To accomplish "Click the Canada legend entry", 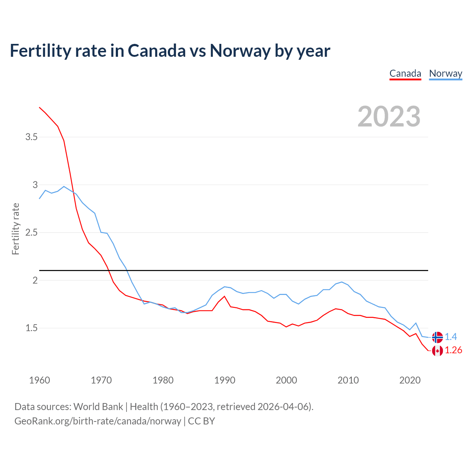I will click(405, 73).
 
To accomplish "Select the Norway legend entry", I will click(445, 73).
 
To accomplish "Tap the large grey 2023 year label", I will click(389, 117).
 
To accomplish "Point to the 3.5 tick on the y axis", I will click(31, 137).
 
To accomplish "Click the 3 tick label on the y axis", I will click(35, 185).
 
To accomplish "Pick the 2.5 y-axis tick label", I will click(31, 233).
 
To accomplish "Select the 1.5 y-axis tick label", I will click(31, 328).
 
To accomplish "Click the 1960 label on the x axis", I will click(39, 380).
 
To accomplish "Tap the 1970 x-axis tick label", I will click(101, 380).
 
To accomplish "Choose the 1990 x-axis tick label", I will click(225, 380).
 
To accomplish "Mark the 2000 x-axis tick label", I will click(286, 380).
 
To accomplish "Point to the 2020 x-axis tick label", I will click(410, 380).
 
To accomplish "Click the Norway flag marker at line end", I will click(437, 337).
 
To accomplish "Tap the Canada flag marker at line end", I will click(437, 351).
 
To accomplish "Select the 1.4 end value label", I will click(451, 337).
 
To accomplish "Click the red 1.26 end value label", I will click(453, 350).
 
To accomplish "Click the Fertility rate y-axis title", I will click(15, 229).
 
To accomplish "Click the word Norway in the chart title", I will click(240, 51).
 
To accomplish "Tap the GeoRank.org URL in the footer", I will click(98, 421).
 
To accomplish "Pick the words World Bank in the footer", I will click(98, 407).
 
